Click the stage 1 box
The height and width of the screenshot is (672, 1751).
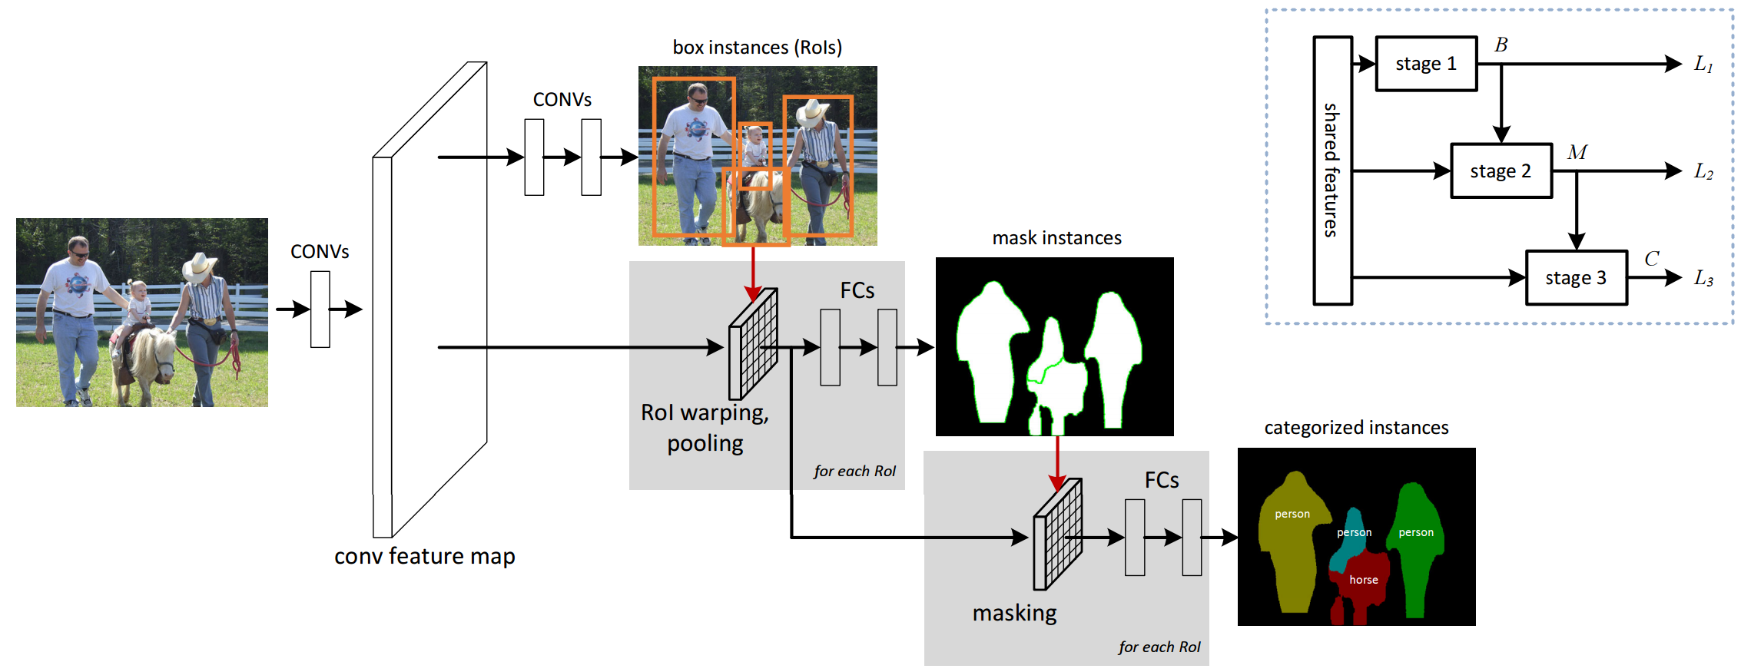(1426, 64)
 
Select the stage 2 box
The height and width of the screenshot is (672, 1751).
(1501, 170)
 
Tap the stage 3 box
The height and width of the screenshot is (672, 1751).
(1576, 277)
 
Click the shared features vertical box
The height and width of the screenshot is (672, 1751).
(1332, 170)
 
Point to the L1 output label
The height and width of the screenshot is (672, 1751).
(1703, 65)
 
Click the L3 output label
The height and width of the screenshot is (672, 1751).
(1703, 278)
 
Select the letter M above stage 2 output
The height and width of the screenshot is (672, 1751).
(1577, 152)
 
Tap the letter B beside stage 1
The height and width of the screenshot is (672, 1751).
(1501, 45)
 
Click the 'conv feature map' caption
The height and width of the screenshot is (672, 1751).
(424, 556)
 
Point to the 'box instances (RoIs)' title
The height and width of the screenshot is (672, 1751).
(757, 48)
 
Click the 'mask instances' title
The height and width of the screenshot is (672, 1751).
(1056, 238)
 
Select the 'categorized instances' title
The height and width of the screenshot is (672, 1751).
(1356, 428)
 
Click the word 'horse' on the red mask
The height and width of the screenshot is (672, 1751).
(1364, 580)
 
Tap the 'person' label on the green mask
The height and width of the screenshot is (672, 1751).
(1416, 532)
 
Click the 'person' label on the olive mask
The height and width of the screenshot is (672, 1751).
(1292, 514)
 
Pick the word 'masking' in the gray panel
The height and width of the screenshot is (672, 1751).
(1014, 613)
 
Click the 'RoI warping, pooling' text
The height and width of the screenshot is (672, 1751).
(705, 428)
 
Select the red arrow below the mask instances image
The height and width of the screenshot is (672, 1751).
(1057, 463)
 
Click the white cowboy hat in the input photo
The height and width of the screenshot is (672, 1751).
(199, 266)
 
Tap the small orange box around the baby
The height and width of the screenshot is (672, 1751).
(754, 156)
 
